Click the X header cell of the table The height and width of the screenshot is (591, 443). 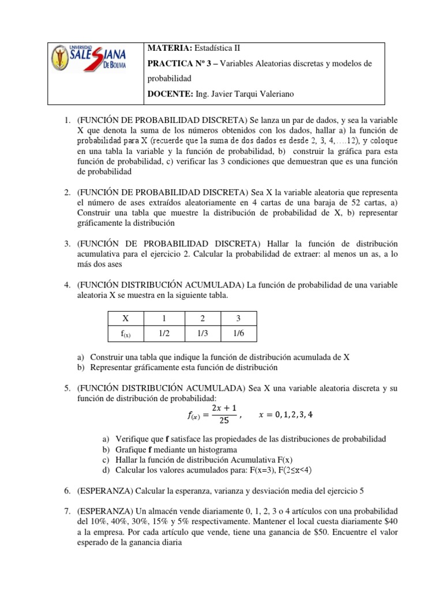point(126,319)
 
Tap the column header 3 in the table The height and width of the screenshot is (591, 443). point(238,319)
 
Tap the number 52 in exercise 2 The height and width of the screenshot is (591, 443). point(356,203)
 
